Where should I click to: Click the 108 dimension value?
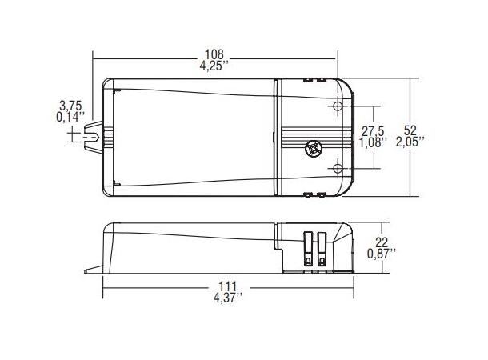pyautogui.click(x=214, y=55)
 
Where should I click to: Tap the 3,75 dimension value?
pyautogui.click(x=71, y=106)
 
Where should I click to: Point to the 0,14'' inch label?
pyautogui.click(x=71, y=117)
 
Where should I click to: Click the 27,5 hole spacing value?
pyautogui.click(x=374, y=130)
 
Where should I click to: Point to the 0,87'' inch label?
pyautogui.click(x=381, y=254)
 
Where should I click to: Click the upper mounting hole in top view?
pyautogui.click(x=337, y=107)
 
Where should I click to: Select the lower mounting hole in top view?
pyautogui.click(x=337, y=168)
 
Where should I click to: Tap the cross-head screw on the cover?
pyautogui.click(x=313, y=148)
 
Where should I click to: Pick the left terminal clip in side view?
pyautogui.click(x=308, y=248)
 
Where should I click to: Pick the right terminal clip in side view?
pyautogui.click(x=322, y=248)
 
